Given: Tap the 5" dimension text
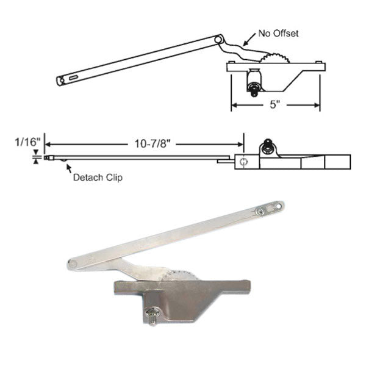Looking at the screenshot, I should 275,104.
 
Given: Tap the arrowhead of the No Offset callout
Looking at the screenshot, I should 245,46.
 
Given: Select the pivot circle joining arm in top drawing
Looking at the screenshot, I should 218,40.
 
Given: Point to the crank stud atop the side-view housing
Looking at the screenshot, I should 267,146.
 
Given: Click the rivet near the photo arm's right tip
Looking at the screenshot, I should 260,211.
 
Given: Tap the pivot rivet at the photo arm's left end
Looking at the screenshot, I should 73,263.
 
